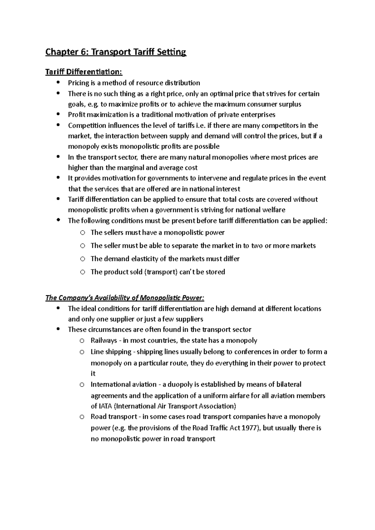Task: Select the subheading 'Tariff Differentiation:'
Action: [x=84, y=72]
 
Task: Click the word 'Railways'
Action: [x=104, y=340]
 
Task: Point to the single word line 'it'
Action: [x=93, y=374]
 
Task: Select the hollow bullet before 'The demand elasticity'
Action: [x=82, y=259]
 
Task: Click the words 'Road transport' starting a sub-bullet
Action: [x=114, y=417]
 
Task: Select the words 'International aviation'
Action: [x=123, y=384]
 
